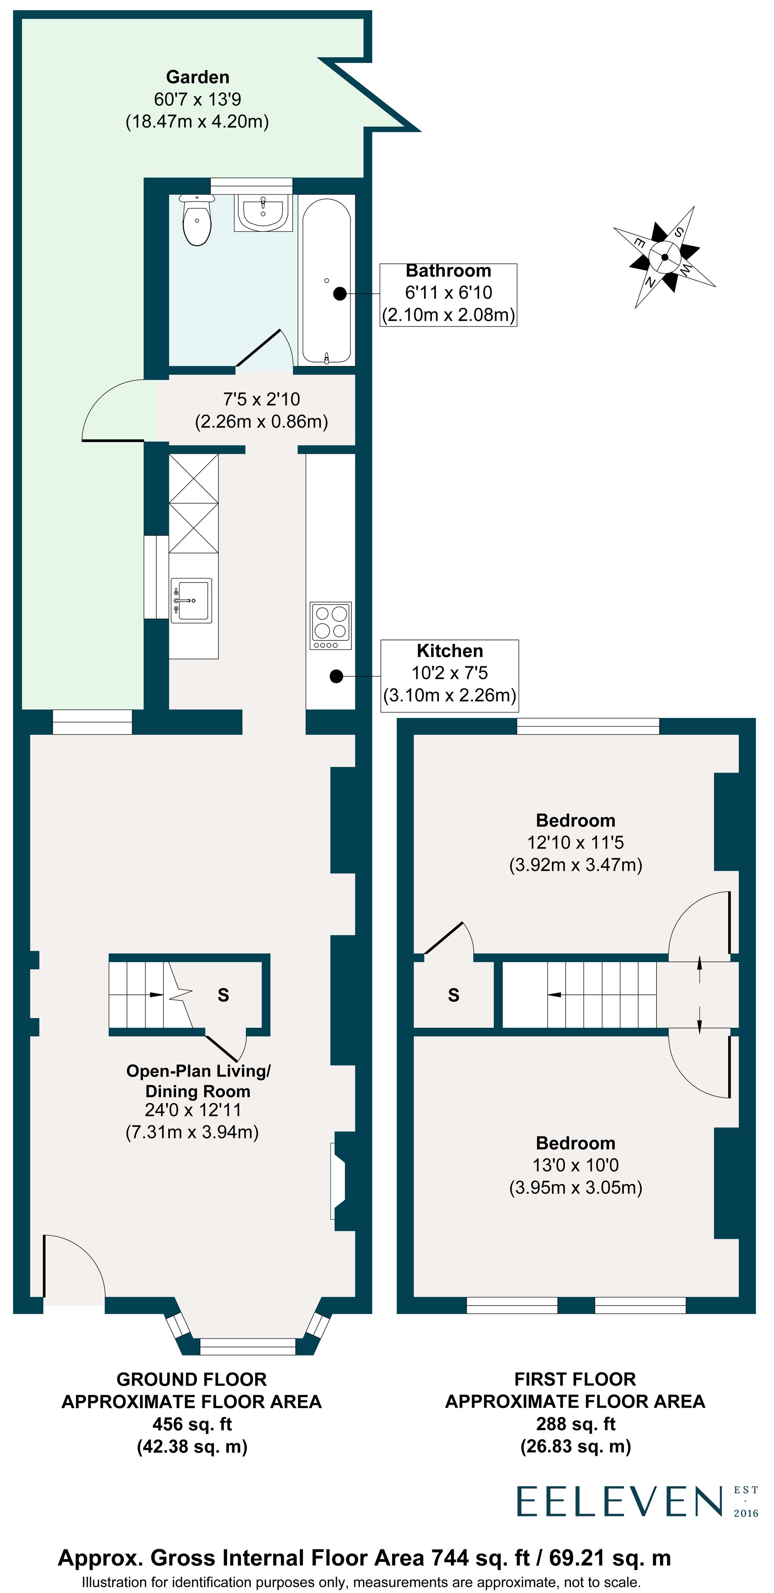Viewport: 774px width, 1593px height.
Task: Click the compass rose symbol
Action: click(x=664, y=257)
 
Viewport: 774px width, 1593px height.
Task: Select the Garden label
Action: click(x=197, y=77)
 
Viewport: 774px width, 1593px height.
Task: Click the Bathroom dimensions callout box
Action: click(x=448, y=294)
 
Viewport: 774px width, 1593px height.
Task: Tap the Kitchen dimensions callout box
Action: click(x=449, y=675)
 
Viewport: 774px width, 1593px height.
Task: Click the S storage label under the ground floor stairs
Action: click(x=223, y=994)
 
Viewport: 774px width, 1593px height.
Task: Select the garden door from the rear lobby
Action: click(x=118, y=411)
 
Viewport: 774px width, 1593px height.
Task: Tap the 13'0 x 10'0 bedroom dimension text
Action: click(x=575, y=1165)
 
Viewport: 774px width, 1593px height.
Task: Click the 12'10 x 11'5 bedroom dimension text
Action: click(x=575, y=842)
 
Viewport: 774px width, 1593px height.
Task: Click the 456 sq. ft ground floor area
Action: click(x=192, y=1424)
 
